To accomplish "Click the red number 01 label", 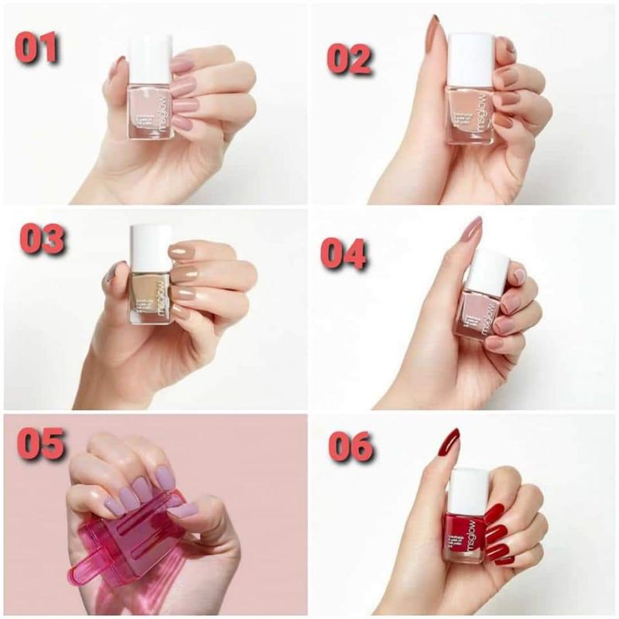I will (x=37, y=48).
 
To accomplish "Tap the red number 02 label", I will (x=349, y=58).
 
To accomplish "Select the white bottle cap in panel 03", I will (x=150, y=248).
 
